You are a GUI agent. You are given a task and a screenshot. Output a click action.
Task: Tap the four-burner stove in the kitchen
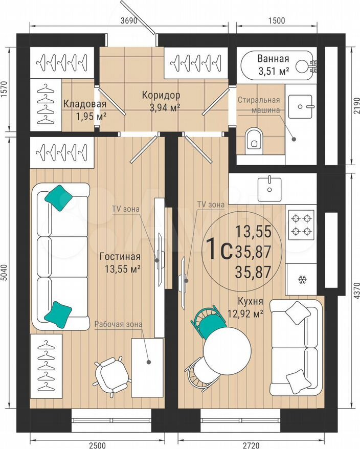(x=301, y=225)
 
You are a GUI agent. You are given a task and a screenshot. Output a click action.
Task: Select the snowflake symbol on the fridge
(x=302, y=280)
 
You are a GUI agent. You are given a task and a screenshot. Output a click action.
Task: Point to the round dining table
(x=227, y=350)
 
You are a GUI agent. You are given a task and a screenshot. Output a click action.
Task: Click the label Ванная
(x=273, y=58)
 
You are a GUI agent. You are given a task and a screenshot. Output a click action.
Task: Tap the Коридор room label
(x=161, y=95)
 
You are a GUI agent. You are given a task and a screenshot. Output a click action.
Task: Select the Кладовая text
(x=85, y=104)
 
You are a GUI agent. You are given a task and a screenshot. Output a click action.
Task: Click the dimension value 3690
(x=129, y=20)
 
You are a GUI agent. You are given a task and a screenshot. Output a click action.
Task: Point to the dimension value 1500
(x=277, y=20)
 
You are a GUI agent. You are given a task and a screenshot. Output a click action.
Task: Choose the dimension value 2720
(x=251, y=445)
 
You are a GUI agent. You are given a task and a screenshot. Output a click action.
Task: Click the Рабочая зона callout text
(x=118, y=324)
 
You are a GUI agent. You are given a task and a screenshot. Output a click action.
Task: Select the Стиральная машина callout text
(x=259, y=105)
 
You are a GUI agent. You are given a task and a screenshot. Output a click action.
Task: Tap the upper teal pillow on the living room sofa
(x=59, y=198)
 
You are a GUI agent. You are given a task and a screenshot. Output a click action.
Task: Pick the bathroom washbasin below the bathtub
(x=300, y=106)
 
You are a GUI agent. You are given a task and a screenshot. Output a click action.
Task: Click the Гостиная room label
(x=120, y=257)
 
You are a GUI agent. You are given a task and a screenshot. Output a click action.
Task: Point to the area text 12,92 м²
(x=245, y=314)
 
